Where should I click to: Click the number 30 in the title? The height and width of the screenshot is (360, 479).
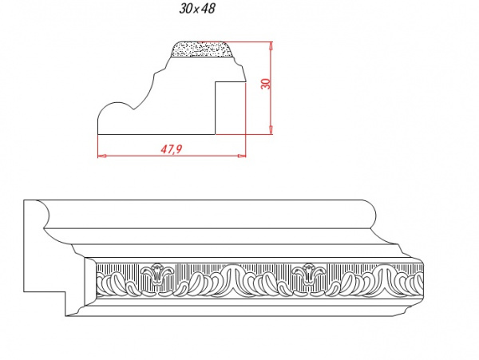click(185, 9)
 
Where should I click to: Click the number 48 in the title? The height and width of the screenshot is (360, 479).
click(208, 9)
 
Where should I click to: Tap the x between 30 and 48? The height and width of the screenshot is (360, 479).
click(196, 10)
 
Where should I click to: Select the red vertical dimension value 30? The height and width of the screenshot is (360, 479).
click(266, 84)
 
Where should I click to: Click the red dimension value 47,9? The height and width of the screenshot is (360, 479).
click(172, 148)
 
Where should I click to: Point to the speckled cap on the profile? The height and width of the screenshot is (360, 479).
click(203, 49)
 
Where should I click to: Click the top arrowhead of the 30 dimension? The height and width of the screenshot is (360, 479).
click(271, 47)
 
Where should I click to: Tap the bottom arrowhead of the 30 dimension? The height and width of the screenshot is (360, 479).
click(271, 129)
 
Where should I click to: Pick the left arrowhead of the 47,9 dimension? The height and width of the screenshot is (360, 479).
click(102, 156)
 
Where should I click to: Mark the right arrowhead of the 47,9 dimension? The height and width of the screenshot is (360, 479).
click(242, 156)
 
